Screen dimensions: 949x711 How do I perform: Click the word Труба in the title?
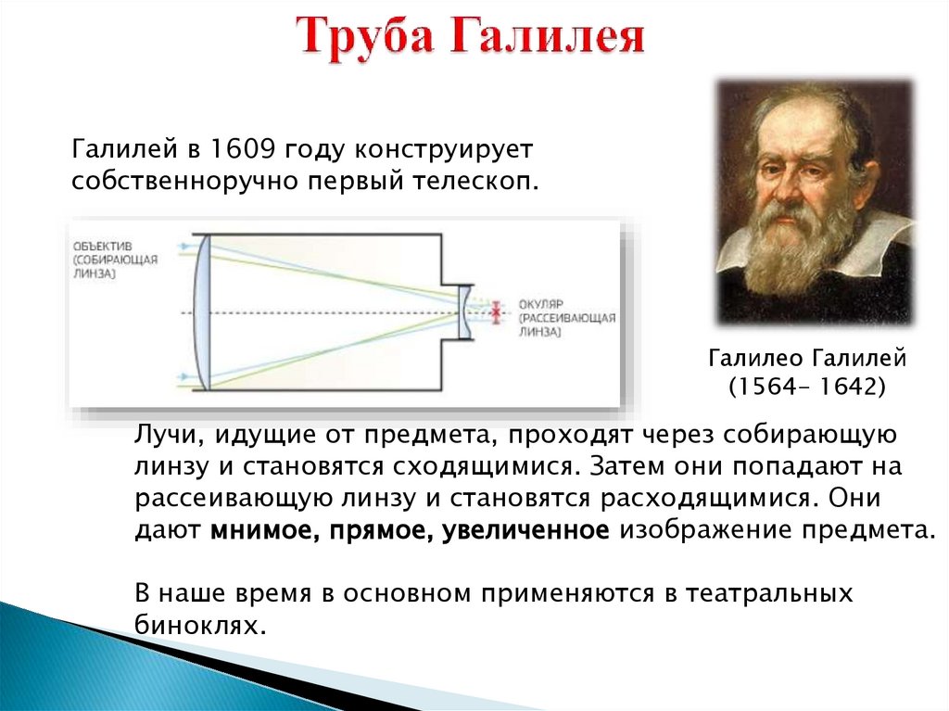365,38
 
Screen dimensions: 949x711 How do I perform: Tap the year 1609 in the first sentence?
242,148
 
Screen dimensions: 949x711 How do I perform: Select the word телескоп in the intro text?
474,181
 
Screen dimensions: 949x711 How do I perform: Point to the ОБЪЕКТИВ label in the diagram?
102,246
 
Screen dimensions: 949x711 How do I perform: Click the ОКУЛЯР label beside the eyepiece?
541,305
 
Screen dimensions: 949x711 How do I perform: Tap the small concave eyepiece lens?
464,312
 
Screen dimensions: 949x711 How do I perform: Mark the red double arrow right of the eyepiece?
497,313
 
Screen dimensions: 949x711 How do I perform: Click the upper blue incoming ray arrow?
184,246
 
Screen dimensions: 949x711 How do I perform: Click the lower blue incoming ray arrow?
184,377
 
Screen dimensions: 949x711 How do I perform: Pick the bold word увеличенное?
526,530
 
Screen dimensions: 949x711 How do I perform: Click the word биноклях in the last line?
200,625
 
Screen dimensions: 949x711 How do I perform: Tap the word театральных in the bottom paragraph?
769,593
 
